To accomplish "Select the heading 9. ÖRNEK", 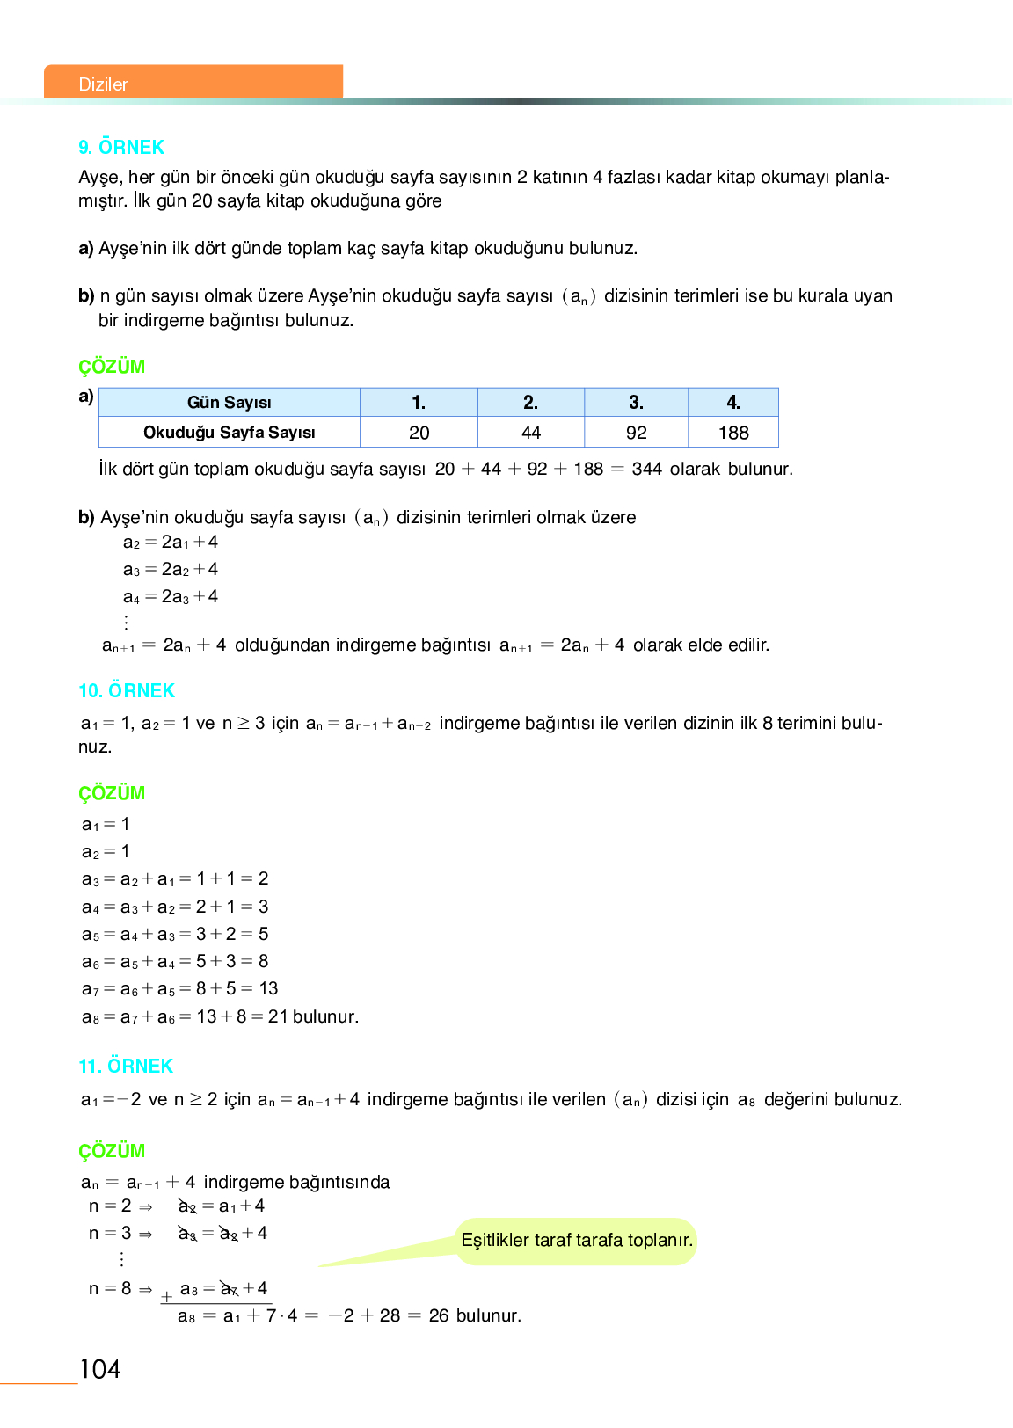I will tap(121, 148).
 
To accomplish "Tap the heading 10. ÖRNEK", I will tap(127, 691).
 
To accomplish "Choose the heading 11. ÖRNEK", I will tap(126, 1067).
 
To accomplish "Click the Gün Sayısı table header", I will tap(229, 403).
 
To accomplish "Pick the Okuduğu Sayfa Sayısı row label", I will tap(229, 433).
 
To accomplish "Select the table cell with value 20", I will tap(419, 433).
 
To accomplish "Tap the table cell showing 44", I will tap(530, 433).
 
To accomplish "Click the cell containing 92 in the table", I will tap(636, 433).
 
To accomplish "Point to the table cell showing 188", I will tap(733, 433).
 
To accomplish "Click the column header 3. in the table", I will tap(636, 403).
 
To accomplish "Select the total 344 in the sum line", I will tap(646, 470).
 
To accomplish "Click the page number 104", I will tap(100, 1369).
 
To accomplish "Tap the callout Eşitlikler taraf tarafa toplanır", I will tap(577, 1241).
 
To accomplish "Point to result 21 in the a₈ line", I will tap(278, 1017).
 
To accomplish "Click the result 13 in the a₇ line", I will tap(268, 989).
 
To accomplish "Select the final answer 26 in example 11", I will tap(439, 1316).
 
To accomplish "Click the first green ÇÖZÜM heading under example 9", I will tap(112, 368).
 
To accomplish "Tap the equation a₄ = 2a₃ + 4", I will tap(171, 597).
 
